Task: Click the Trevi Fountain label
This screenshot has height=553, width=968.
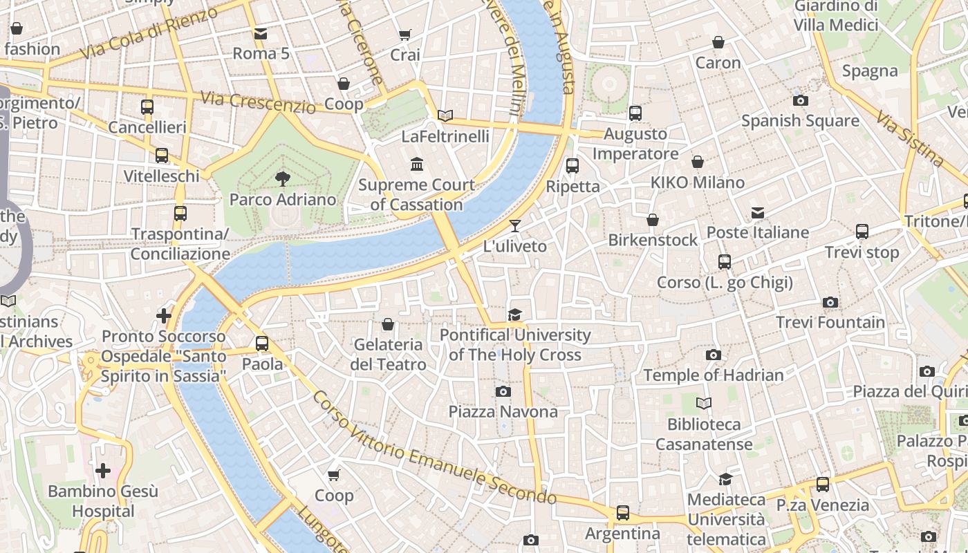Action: (830, 322)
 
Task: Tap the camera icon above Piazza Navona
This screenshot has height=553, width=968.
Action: (503, 392)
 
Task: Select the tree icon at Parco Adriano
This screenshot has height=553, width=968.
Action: (282, 179)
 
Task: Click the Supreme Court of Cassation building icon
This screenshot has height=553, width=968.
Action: (417, 165)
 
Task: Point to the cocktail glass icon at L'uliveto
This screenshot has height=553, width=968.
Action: (514, 225)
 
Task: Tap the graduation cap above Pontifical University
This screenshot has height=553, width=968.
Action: (514, 315)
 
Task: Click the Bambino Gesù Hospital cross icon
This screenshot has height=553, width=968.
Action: (103, 471)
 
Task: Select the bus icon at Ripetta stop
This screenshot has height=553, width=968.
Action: (573, 166)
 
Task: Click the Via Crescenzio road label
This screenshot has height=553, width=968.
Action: (258, 102)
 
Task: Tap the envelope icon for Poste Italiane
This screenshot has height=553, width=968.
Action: (758, 213)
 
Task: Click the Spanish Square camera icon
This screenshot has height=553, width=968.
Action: (801, 101)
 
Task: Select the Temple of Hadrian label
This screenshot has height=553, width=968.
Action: (714, 375)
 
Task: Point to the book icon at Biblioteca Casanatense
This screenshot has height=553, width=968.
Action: (704, 403)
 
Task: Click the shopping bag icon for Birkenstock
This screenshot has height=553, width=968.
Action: (653, 220)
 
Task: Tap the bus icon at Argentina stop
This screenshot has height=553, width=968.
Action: (623, 513)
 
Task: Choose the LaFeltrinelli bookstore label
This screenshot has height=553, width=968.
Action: (445, 136)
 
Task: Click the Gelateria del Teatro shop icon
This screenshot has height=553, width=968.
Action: (388, 324)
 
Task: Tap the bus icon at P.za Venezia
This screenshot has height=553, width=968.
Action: (822, 485)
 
